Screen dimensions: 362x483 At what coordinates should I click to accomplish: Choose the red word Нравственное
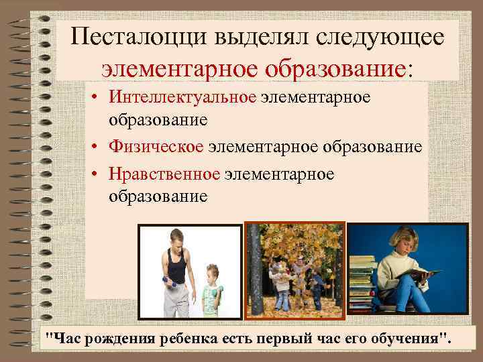coord(165,174)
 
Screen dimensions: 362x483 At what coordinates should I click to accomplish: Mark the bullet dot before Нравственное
coord(97,175)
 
